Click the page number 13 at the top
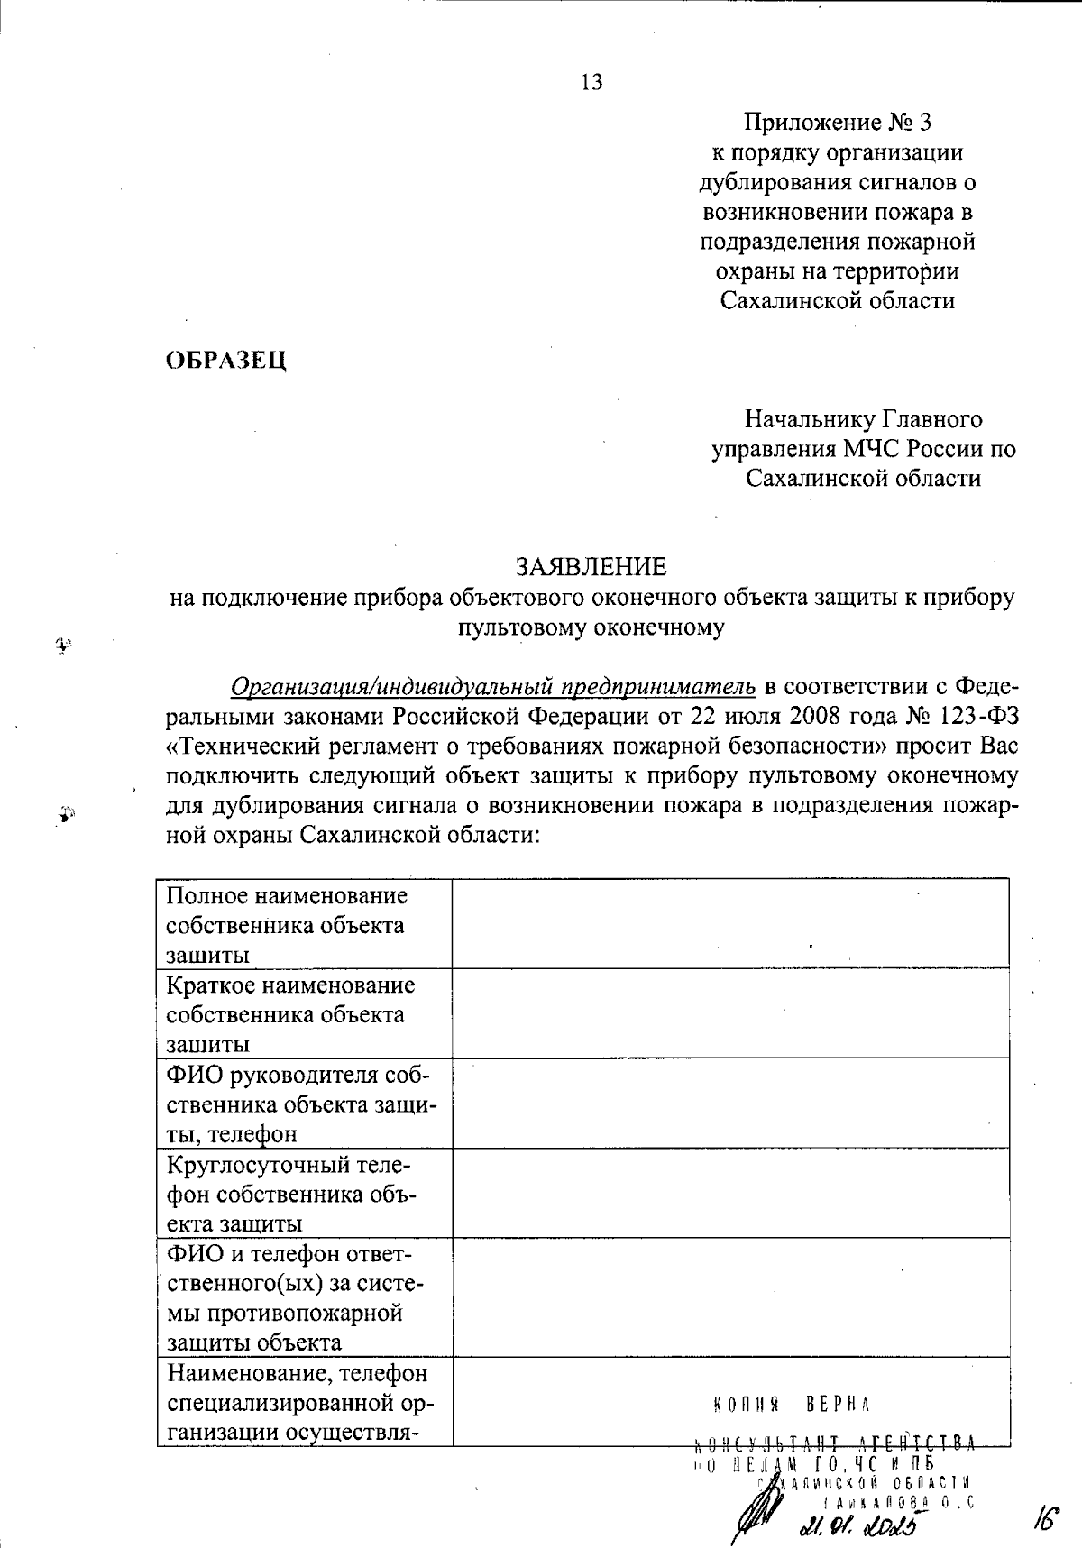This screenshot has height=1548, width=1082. point(592,83)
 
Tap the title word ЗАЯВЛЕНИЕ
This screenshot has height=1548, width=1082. point(591,567)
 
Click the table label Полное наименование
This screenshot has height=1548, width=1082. point(288,896)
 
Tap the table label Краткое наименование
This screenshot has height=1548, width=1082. point(291,985)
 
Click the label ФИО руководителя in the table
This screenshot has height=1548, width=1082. point(298,1075)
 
